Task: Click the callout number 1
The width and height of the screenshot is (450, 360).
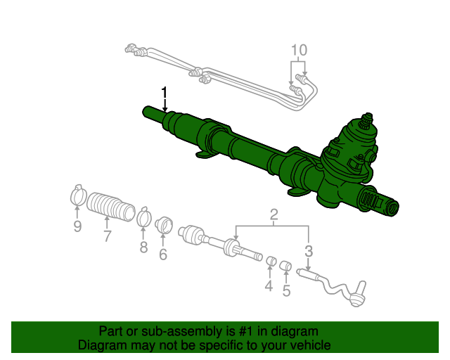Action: point(165,93)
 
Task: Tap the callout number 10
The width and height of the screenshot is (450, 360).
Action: point(299,50)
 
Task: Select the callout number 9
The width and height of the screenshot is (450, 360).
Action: point(78,226)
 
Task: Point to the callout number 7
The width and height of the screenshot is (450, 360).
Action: point(107,236)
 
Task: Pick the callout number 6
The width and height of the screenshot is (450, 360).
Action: point(163,255)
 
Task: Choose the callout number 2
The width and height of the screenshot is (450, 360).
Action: point(274,214)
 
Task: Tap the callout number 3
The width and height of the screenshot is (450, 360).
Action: point(308,251)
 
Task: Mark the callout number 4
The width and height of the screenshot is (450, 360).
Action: point(269,286)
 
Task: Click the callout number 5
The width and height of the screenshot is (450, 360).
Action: point(286,291)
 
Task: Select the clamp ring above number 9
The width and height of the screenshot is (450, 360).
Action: point(78,195)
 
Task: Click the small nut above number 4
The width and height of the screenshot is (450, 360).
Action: point(269,263)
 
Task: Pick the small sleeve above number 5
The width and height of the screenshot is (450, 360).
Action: point(285,266)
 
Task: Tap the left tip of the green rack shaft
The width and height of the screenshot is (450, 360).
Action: point(146,111)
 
